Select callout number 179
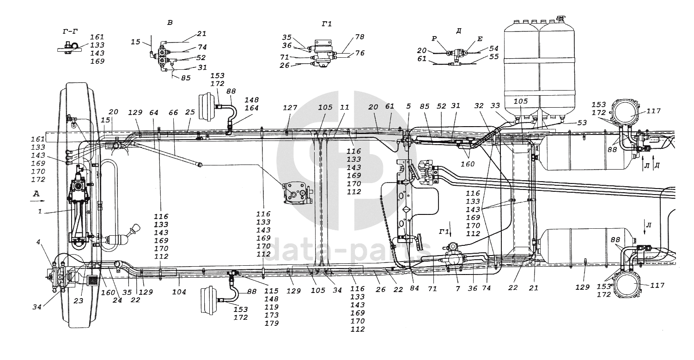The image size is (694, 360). click(x=272, y=323)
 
